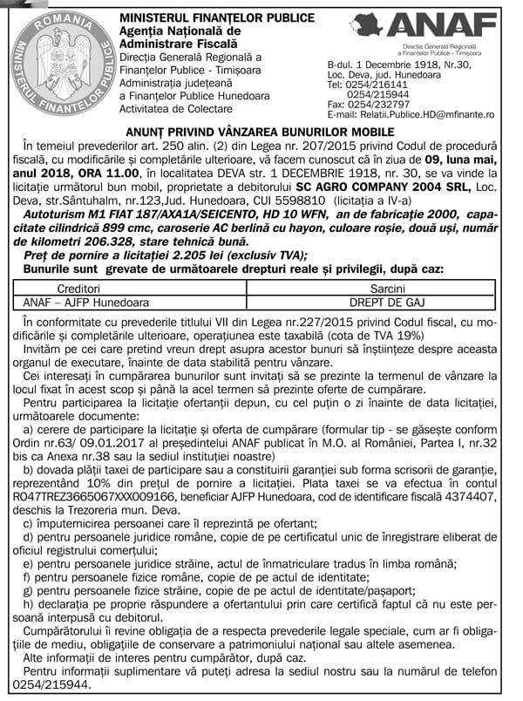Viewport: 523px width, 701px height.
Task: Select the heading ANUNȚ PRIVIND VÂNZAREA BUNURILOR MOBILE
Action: pos(261,131)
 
